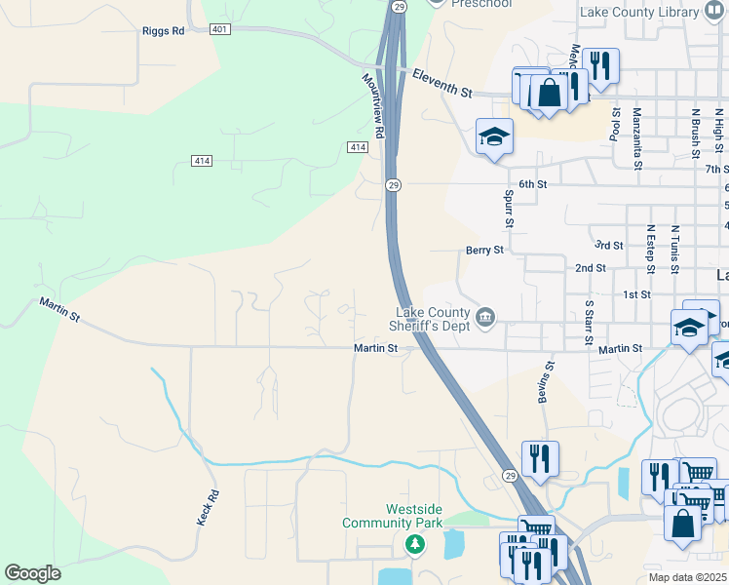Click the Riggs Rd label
163,31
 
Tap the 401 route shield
220,30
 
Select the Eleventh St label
441,84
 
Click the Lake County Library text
638,13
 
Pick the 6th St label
533,184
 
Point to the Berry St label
484,250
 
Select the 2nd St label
591,267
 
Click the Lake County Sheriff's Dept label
421,318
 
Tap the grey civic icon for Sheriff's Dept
484,317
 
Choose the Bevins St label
546,382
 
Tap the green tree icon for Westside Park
415,542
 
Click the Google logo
32,572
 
